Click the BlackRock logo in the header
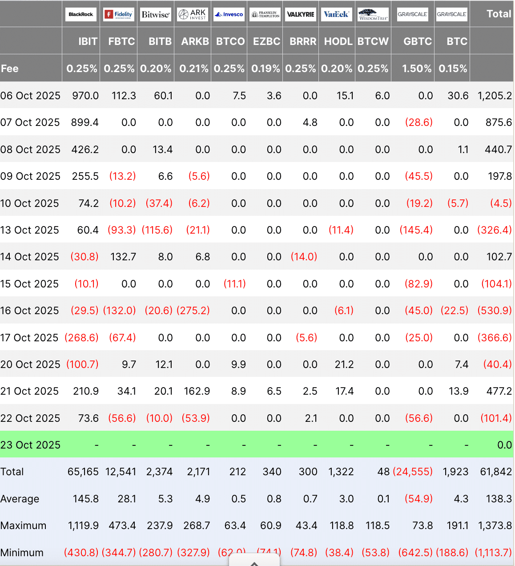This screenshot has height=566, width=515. click(81, 14)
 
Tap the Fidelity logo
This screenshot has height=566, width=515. click(118, 14)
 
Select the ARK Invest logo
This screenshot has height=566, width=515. click(192, 14)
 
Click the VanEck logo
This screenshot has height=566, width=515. click(336, 14)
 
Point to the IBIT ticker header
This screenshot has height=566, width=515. click(88, 41)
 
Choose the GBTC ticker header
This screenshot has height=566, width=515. click(418, 41)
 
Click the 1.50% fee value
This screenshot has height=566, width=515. click(417, 69)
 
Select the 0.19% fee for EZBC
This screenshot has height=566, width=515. click(266, 69)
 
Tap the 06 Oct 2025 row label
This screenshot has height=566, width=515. click(30, 96)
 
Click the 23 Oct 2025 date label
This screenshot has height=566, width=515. click(30, 445)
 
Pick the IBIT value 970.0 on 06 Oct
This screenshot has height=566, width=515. click(85, 96)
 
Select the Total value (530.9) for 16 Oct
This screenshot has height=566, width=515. click(495, 311)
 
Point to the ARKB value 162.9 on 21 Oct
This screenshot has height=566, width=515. click(197, 391)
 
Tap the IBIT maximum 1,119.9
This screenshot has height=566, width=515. click(83, 526)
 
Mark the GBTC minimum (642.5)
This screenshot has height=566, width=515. click(415, 553)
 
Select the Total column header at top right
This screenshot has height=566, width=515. click(499, 14)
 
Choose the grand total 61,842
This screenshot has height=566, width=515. click(496, 472)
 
